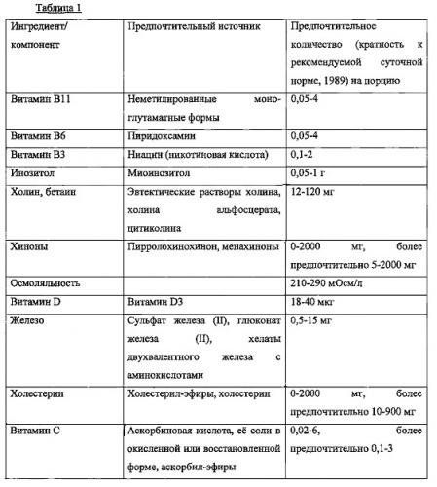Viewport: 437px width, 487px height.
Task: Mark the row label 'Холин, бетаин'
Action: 42,192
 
